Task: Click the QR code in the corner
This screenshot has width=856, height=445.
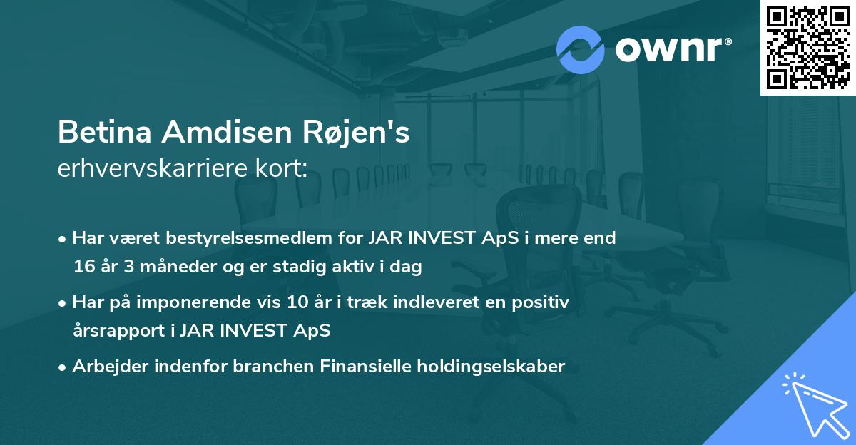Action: click(x=807, y=47)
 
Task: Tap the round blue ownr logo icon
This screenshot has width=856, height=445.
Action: click(x=581, y=50)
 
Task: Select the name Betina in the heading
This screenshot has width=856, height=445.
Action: click(x=104, y=133)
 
